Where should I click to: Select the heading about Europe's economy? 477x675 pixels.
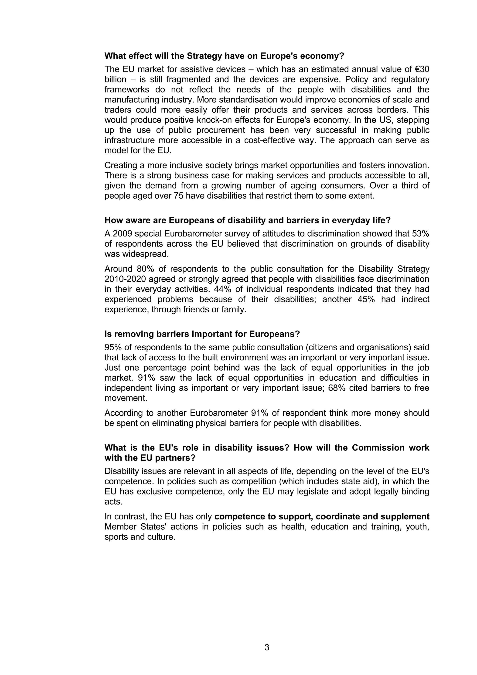(x=224, y=56)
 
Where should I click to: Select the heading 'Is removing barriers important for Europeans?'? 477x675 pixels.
(x=202, y=334)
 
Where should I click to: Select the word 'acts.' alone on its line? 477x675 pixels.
(x=113, y=501)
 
